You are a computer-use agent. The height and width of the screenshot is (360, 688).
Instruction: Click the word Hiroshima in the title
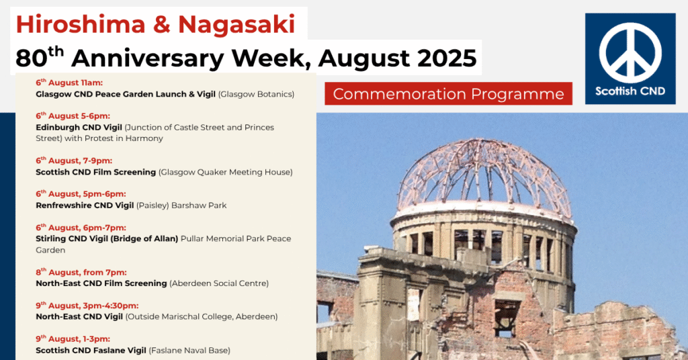[x=81, y=24]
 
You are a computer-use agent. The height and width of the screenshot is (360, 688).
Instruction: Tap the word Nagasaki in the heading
[x=237, y=25]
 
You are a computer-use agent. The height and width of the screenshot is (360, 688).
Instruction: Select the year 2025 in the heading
[x=447, y=58]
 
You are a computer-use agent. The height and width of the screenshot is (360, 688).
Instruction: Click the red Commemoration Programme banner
[x=448, y=93]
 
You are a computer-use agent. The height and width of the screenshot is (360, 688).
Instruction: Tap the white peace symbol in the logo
[x=630, y=53]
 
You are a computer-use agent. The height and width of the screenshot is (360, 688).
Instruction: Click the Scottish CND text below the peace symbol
[x=630, y=91]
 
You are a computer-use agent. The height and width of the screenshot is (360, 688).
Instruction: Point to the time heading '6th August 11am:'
[x=69, y=83]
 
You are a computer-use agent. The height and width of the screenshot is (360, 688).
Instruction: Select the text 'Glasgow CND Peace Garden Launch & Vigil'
[x=126, y=94]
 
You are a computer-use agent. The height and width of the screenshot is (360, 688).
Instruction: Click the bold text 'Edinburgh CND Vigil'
[x=79, y=128]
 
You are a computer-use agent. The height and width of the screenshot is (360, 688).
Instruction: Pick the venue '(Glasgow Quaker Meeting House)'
[x=226, y=173]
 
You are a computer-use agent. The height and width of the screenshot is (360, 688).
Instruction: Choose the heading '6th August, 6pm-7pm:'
[x=81, y=228]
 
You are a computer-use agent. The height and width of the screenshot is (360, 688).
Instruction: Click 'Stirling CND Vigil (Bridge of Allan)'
[x=107, y=239]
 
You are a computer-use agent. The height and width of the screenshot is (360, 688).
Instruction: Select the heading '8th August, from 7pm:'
[x=81, y=272]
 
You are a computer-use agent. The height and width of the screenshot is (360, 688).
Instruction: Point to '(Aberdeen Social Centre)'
[x=219, y=283]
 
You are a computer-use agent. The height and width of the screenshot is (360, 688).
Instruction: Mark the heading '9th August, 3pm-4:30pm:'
[x=87, y=306]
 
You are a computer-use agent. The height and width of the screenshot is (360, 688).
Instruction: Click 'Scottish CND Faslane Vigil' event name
[x=91, y=351]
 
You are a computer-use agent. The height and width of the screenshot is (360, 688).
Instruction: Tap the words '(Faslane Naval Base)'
[x=189, y=351]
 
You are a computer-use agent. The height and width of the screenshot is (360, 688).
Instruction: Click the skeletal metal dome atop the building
[x=484, y=173]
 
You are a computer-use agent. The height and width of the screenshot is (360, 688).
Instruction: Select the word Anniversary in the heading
[x=191, y=58]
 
